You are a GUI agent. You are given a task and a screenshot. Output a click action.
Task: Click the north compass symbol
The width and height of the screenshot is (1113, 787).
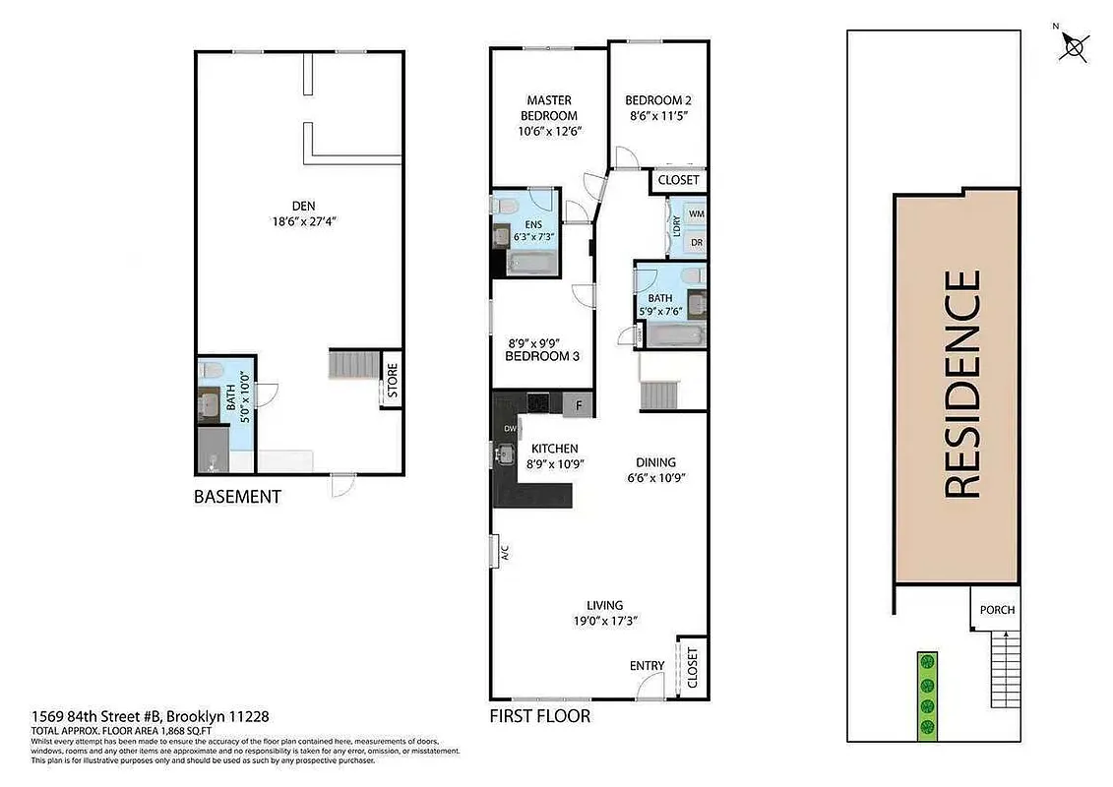point(1075,45)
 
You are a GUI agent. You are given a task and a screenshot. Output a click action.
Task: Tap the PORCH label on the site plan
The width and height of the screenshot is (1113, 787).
point(996,610)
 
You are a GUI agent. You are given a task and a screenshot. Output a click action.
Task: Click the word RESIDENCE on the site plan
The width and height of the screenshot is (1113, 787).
point(962,384)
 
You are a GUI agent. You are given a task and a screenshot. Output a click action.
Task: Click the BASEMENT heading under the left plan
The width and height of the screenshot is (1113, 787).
point(237,497)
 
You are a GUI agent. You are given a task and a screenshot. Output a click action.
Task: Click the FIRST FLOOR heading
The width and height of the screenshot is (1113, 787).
point(540,716)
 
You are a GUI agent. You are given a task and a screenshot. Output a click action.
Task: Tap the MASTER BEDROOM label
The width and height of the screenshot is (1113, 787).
point(549,108)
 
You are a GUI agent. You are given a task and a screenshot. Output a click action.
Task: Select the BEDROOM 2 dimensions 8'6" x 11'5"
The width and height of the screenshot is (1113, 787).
point(658,116)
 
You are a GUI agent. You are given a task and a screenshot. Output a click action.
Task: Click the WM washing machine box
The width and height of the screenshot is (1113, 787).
point(696,213)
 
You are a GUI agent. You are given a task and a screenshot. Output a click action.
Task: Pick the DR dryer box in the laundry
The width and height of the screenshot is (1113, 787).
point(696,241)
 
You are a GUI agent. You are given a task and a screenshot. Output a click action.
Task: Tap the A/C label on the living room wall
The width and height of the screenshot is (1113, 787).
point(503,554)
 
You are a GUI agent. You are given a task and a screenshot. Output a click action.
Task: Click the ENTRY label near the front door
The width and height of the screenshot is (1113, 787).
point(647,666)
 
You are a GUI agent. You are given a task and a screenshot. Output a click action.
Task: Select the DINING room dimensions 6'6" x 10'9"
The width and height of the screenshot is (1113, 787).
point(655,478)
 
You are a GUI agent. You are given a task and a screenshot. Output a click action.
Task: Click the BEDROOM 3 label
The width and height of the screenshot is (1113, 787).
point(542,356)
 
